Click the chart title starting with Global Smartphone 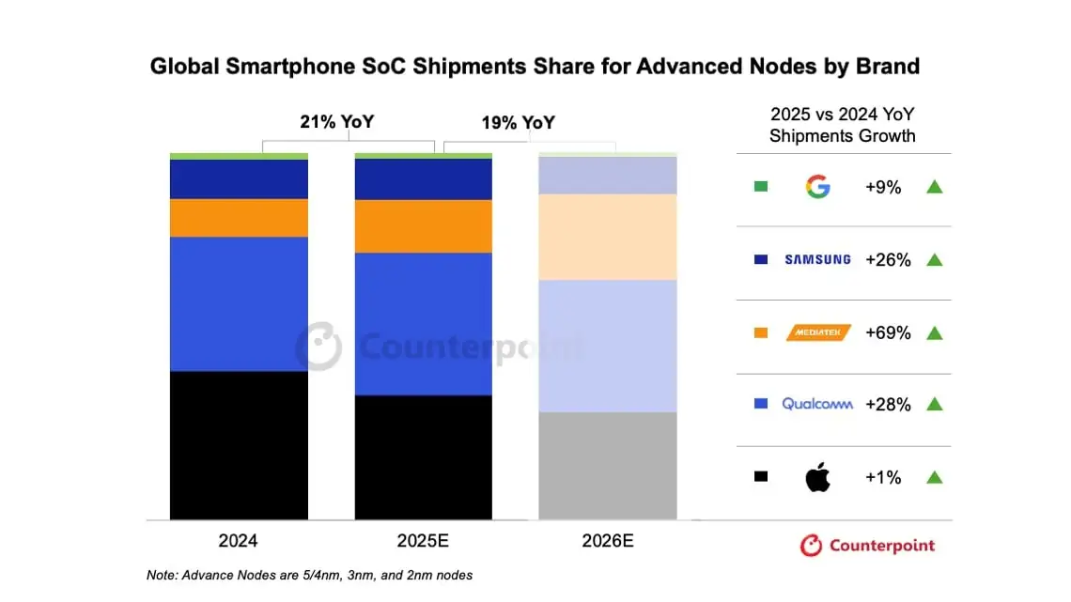[x=535, y=67]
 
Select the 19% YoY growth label [x=518, y=122]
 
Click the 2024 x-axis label [x=239, y=542]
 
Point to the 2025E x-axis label [x=423, y=542]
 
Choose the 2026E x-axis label [x=607, y=542]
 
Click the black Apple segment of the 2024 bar [x=239, y=445]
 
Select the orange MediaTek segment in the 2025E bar [x=423, y=226]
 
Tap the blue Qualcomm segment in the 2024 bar [x=239, y=303]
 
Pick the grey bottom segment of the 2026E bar [x=607, y=466]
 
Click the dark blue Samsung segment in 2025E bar [x=423, y=178]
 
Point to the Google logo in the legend [x=817, y=187]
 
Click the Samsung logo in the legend [x=817, y=259]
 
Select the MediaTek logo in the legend [x=817, y=332]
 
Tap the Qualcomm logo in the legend [x=817, y=404]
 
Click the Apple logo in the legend [x=817, y=477]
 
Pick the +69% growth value [x=888, y=332]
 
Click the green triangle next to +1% [x=934, y=477]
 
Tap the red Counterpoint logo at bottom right [x=867, y=546]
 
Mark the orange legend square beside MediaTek [x=761, y=332]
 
